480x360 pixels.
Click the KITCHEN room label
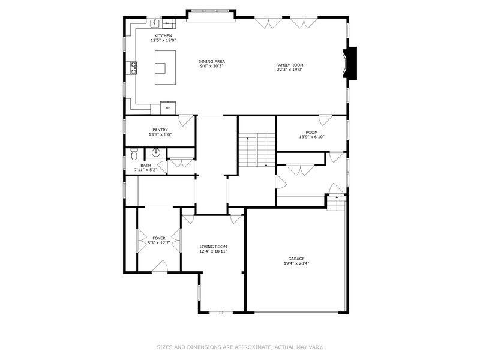pyautogui.click(x=163, y=36)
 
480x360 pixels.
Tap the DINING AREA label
pyautogui.click(x=212, y=62)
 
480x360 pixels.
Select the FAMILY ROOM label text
pyautogui.click(x=290, y=65)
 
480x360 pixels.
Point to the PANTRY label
pyautogui.click(x=160, y=130)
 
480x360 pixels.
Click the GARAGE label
pyautogui.click(x=296, y=259)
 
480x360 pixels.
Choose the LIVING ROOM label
pyautogui.click(x=214, y=247)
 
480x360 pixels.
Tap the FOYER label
pyautogui.click(x=159, y=238)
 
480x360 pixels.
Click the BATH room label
pyautogui.click(x=146, y=166)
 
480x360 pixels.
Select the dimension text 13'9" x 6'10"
pyautogui.click(x=311, y=137)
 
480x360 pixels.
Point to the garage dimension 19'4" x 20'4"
pyautogui.click(x=296, y=263)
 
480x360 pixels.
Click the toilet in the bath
pyautogui.click(x=134, y=154)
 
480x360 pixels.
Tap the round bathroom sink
pyautogui.click(x=156, y=152)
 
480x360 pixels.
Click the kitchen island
pyautogui.click(x=166, y=67)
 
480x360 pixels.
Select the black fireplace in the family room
pyautogui.click(x=350, y=64)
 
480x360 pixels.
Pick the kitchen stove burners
pyautogui.click(x=133, y=68)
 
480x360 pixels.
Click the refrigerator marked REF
pyautogui.click(x=168, y=108)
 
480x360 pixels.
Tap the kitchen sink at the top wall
pyautogui.click(x=155, y=22)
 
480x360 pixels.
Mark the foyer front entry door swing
pyautogui.click(x=160, y=266)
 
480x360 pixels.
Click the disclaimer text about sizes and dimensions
pyautogui.click(x=240, y=347)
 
